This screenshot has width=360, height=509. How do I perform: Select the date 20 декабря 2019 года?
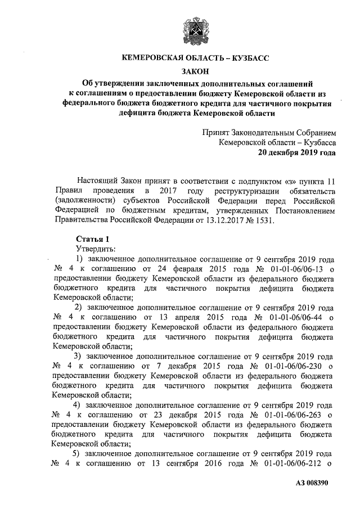click(297, 152)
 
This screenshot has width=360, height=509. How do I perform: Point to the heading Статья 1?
click(89, 238)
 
